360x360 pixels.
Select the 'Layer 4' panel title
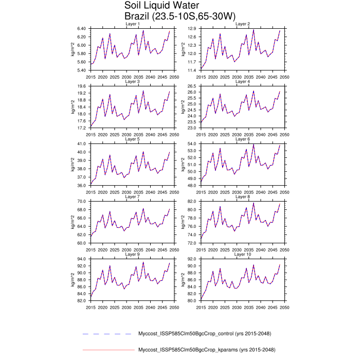pyautogui.click(x=243, y=82)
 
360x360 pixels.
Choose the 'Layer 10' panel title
pyautogui.click(x=243, y=255)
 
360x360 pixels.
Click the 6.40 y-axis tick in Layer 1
pyautogui.click(x=81, y=28)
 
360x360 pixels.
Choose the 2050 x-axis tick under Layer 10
pyautogui.click(x=285, y=307)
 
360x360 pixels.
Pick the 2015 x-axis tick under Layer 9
pyautogui.click(x=91, y=307)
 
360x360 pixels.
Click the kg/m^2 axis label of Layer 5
pyautogui.click(x=73, y=165)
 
